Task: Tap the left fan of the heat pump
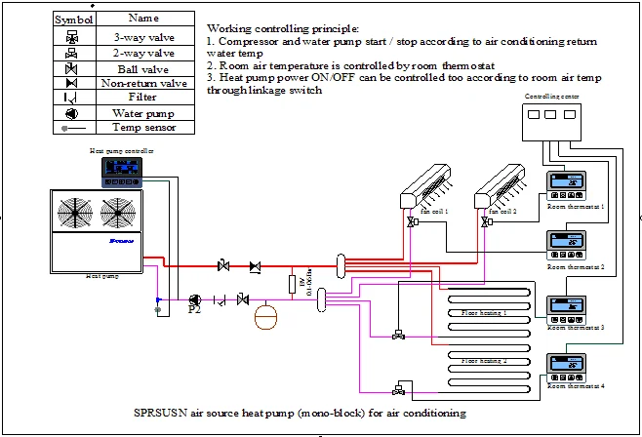tap(81, 213)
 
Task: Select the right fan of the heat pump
tap(119, 213)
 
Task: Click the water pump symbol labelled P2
tap(194, 298)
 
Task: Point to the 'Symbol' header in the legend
tap(71, 19)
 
